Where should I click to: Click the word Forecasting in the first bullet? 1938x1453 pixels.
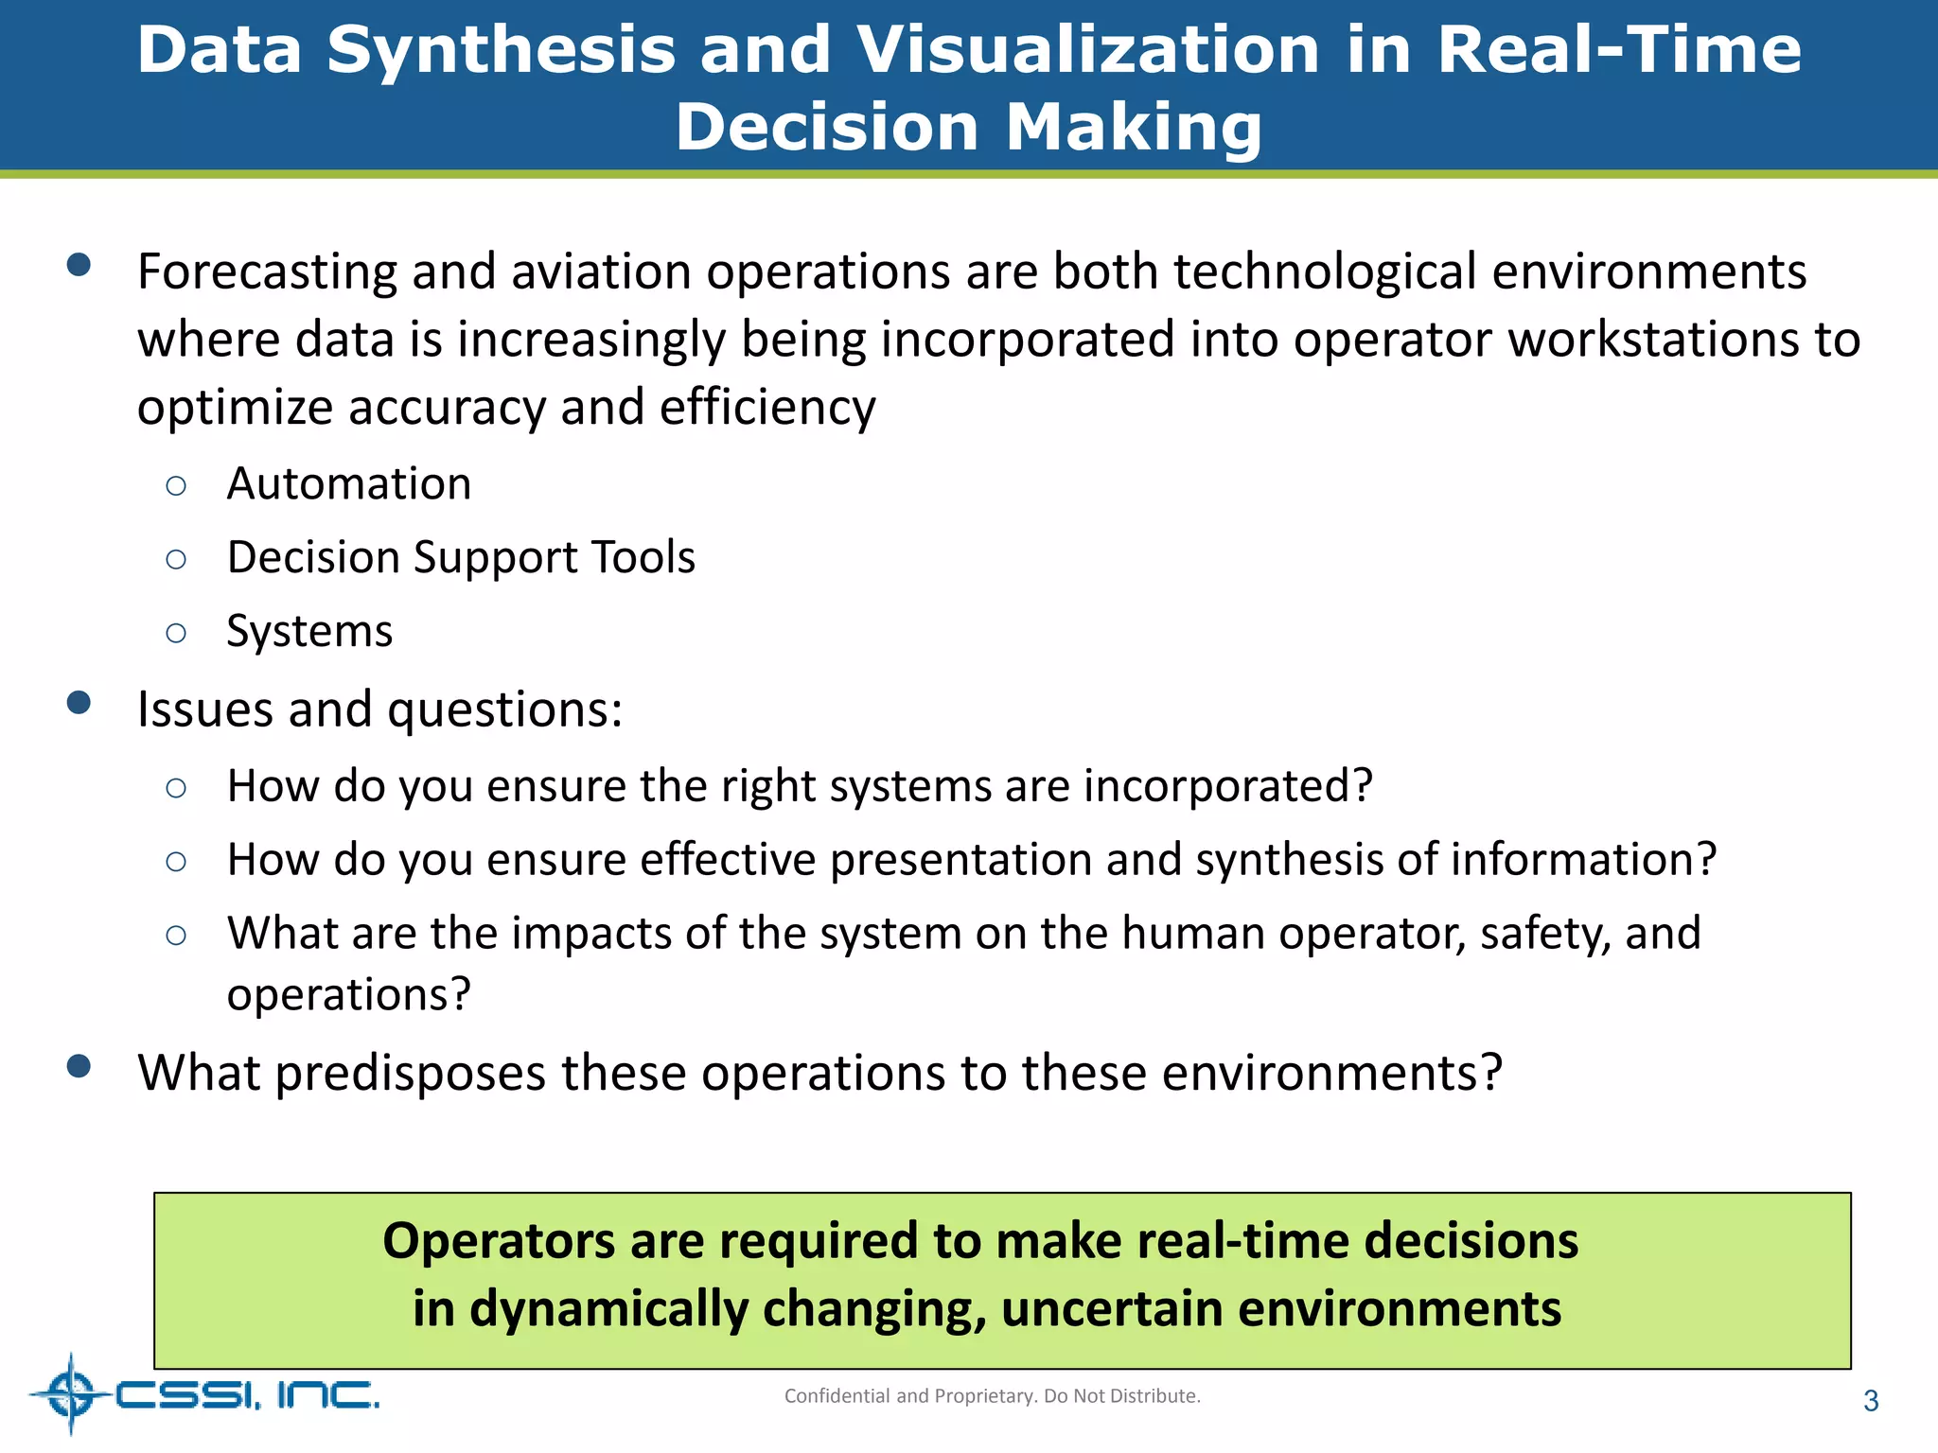coord(267,272)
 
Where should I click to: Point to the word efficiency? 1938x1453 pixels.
coord(766,409)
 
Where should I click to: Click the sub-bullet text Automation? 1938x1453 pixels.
coord(348,484)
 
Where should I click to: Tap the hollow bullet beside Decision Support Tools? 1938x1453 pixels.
coord(176,559)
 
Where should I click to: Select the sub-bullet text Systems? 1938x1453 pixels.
coord(309,631)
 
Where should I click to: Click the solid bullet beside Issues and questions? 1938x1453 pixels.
coord(79,703)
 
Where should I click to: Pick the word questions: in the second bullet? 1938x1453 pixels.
coord(505,709)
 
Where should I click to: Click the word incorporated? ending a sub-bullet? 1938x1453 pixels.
coord(1227,786)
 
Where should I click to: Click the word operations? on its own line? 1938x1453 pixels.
coord(348,995)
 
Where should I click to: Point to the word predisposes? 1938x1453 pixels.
coord(411,1074)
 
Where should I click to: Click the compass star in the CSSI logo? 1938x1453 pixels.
coord(71,1393)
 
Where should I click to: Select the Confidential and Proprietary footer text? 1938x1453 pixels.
coord(992,1396)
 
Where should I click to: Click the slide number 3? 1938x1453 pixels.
coord(1870,1401)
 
